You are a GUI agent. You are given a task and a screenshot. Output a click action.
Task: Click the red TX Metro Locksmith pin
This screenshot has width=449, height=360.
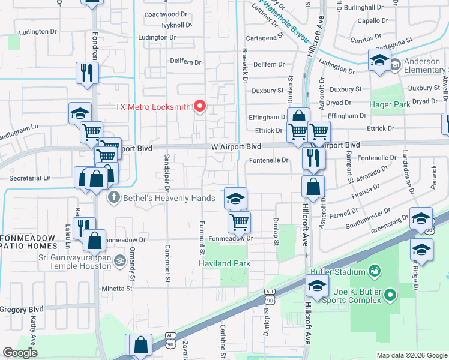(x=199, y=107)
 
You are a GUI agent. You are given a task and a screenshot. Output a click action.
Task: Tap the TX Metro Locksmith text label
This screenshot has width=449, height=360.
(x=153, y=108)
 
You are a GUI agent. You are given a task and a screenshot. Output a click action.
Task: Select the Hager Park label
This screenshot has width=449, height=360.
(x=391, y=104)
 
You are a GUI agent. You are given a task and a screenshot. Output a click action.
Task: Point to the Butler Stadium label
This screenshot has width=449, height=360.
(x=342, y=271)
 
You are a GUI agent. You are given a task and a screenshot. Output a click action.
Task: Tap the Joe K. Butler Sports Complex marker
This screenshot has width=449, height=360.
(x=391, y=295)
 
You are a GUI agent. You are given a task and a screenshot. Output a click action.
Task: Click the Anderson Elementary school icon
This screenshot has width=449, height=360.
(x=395, y=65)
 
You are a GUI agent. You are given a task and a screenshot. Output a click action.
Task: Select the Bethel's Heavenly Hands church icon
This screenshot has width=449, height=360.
(x=112, y=197)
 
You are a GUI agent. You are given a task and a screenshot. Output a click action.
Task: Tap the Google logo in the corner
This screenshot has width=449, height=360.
(x=20, y=353)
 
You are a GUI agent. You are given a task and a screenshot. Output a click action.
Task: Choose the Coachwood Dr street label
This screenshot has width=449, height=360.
(x=162, y=14)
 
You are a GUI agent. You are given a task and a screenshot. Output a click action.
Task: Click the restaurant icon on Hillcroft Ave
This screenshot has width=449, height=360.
(x=313, y=158)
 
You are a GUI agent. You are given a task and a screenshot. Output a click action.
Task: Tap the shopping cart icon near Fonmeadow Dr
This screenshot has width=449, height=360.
(x=239, y=223)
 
